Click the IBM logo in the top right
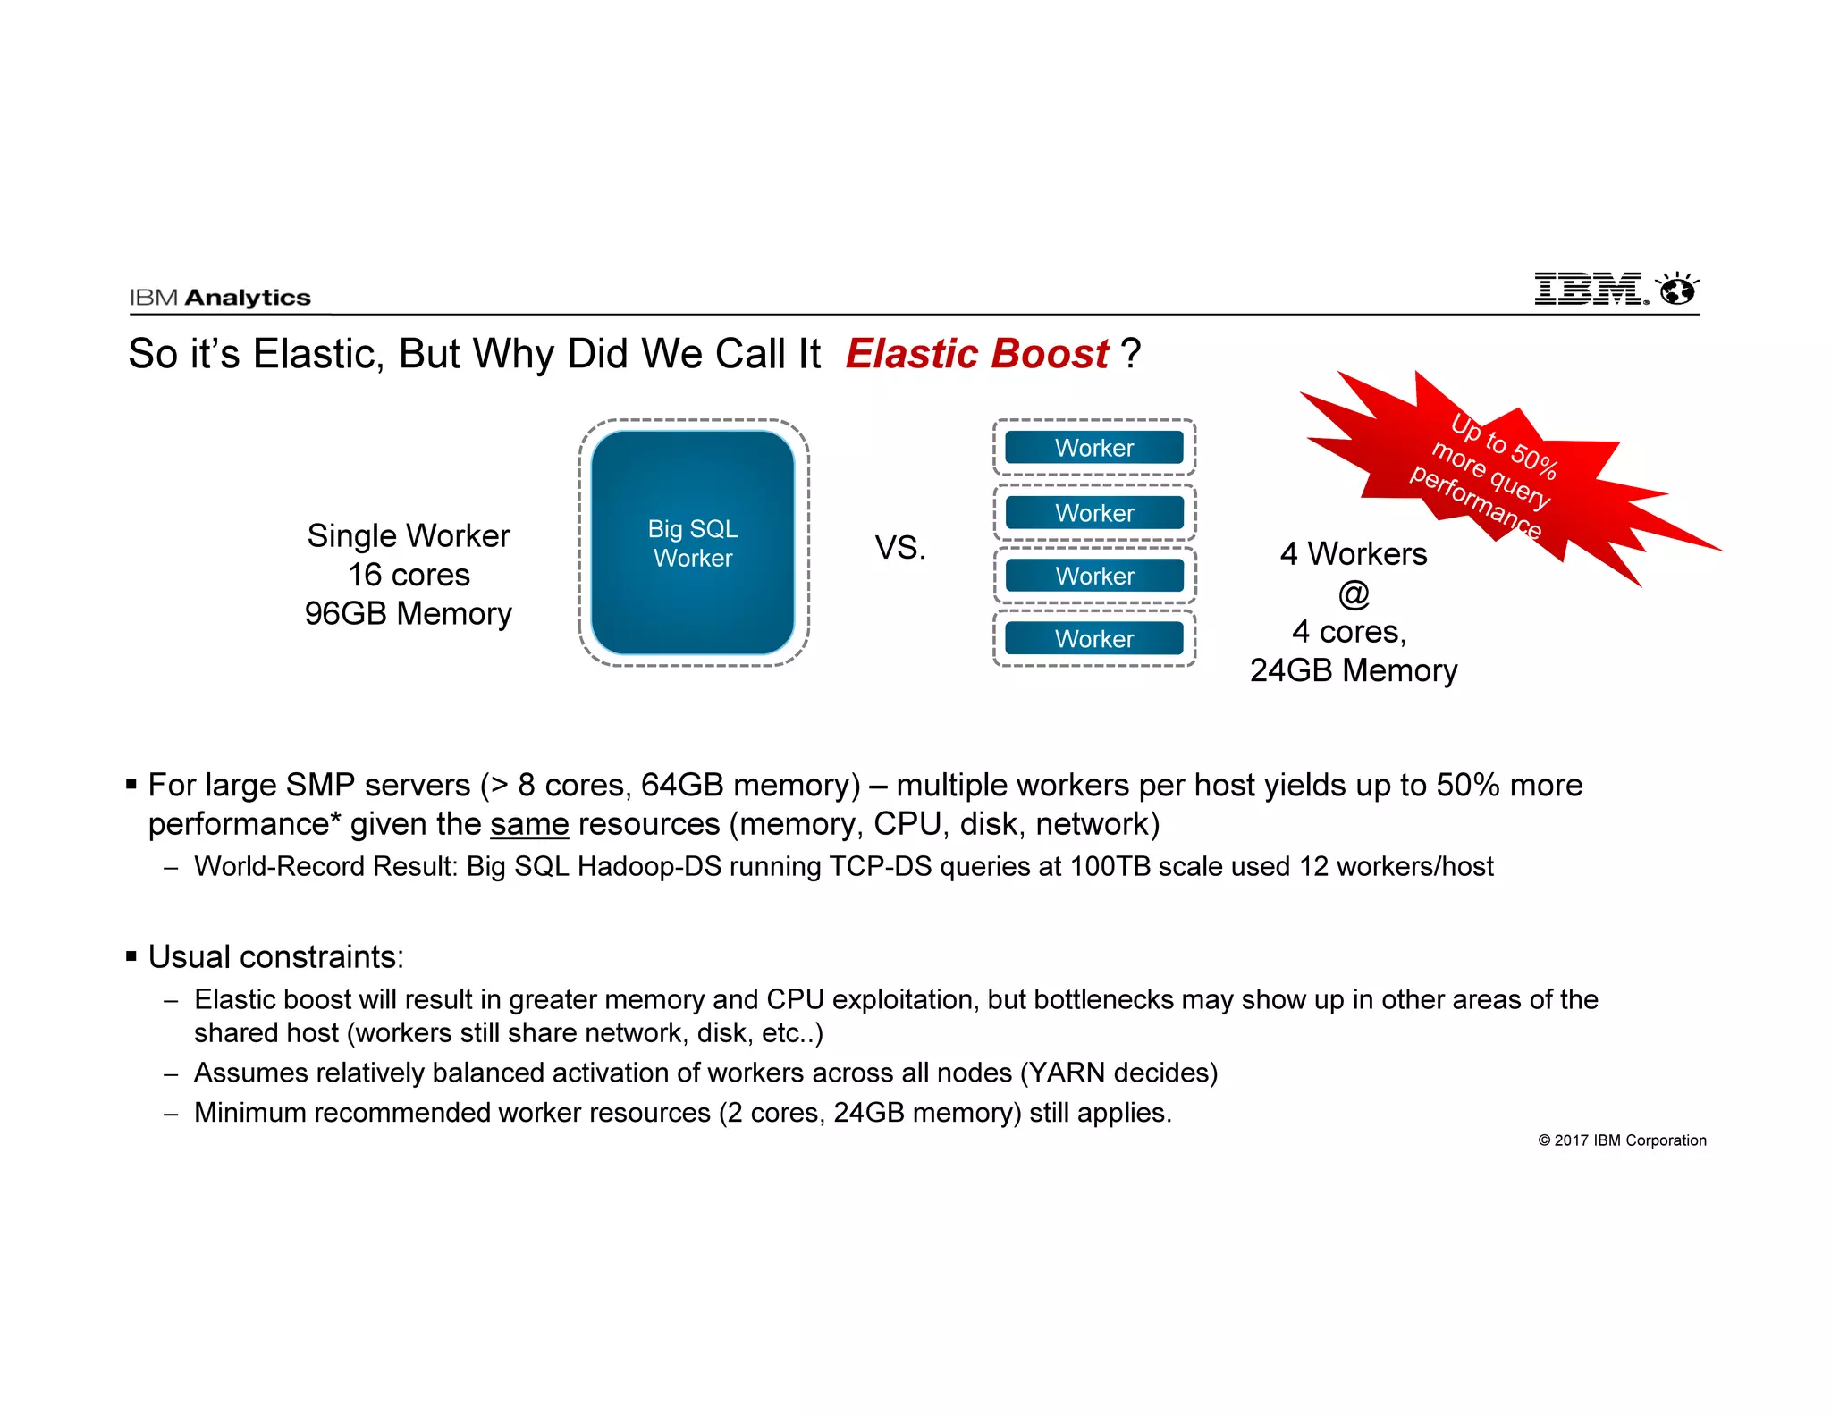pos(1590,289)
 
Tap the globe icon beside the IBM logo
pos(1676,290)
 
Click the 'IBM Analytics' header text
pos(220,298)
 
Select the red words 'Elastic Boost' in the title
pos(977,354)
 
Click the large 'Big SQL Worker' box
pos(693,543)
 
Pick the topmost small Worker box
pos(1093,448)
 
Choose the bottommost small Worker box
pos(1093,639)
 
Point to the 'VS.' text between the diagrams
pos(899,548)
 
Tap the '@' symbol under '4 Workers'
pos(1354,593)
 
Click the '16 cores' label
pos(409,575)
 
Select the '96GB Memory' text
pos(409,614)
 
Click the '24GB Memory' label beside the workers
pos(1354,670)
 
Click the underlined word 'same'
pos(529,824)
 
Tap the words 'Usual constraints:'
pos(275,957)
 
